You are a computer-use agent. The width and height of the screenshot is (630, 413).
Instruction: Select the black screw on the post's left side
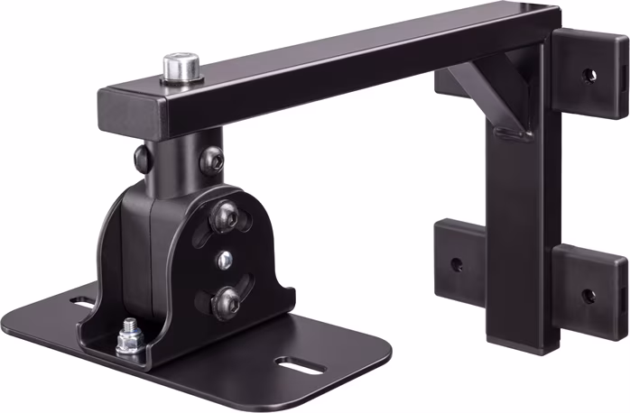pyautogui.click(x=142, y=159)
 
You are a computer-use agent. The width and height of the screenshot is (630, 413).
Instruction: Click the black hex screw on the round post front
pyautogui.click(x=214, y=160)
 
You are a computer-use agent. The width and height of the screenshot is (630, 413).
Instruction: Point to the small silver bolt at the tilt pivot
pyautogui.click(x=224, y=260)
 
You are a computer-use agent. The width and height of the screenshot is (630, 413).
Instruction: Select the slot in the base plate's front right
pyautogui.click(x=298, y=363)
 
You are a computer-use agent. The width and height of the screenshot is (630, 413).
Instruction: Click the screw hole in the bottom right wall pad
pyautogui.click(x=588, y=294)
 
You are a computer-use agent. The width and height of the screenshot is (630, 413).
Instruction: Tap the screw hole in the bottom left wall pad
pyautogui.click(x=457, y=265)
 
